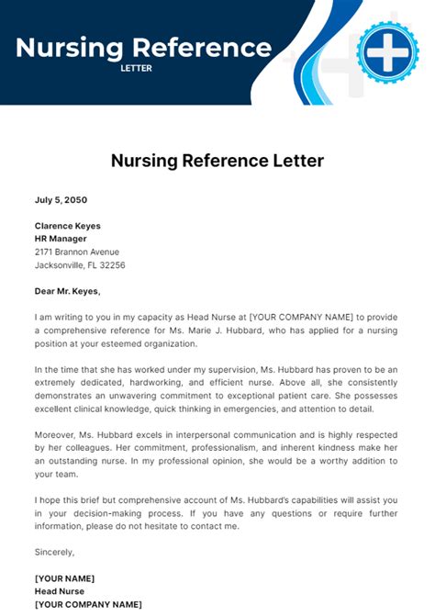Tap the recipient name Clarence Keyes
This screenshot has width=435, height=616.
click(x=68, y=226)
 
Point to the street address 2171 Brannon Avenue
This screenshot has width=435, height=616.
click(x=77, y=252)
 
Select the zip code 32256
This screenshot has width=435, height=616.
click(x=113, y=265)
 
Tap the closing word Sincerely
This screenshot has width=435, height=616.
click(x=54, y=552)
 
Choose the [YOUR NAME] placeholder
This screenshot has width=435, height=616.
click(x=64, y=578)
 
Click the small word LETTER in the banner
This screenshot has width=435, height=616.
click(x=137, y=68)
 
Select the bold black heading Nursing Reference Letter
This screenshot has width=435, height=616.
click(x=217, y=162)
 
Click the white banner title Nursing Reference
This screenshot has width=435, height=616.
click(x=143, y=47)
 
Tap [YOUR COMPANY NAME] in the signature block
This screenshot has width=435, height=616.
click(x=88, y=604)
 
